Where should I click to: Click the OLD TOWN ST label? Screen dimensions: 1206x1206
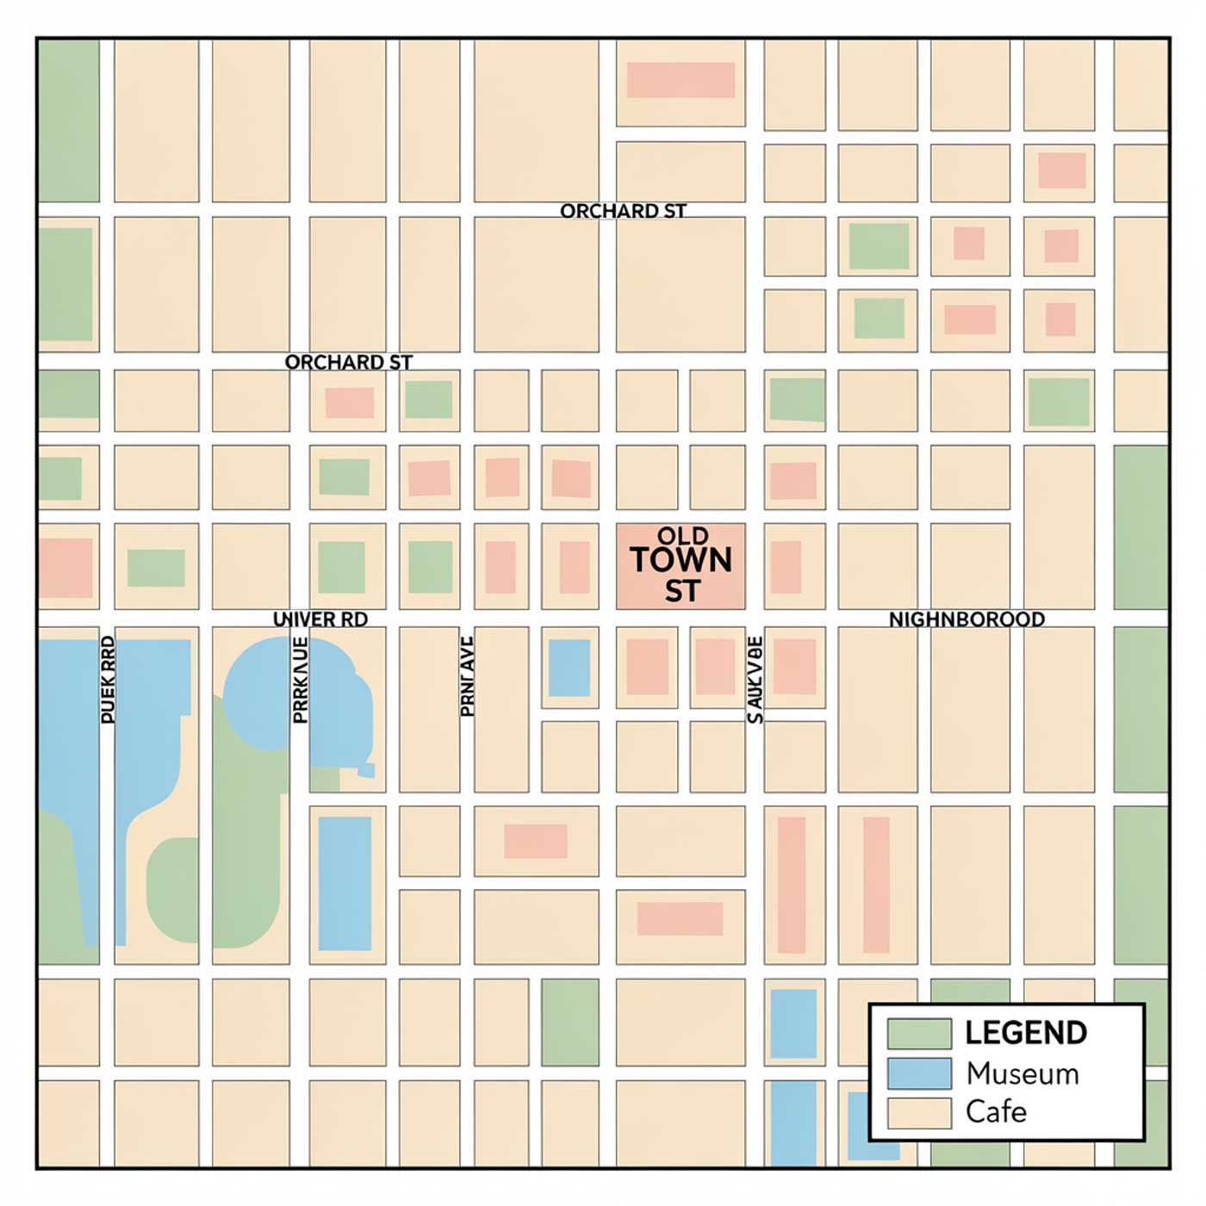(x=681, y=564)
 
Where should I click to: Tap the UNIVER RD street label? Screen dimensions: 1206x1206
(x=320, y=619)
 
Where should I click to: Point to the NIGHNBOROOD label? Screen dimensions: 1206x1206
(x=967, y=619)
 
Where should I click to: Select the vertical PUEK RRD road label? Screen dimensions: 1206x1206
(x=108, y=680)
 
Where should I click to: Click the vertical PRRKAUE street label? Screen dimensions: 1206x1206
(x=300, y=680)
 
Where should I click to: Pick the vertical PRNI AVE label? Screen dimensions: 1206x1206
(x=467, y=676)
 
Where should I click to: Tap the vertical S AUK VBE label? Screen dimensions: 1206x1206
(x=755, y=680)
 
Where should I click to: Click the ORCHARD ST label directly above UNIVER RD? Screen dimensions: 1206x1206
(x=348, y=363)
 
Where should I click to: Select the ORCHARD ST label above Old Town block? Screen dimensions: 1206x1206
(x=623, y=211)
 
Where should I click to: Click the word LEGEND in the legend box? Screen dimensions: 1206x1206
(x=1025, y=1033)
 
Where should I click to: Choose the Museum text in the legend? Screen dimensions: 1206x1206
(x=1022, y=1074)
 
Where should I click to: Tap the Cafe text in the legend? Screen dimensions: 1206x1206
(x=996, y=1112)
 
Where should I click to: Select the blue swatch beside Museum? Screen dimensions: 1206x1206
(x=919, y=1074)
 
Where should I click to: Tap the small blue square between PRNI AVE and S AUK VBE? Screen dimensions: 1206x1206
(x=569, y=668)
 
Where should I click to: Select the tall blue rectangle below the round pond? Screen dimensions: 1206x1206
(x=345, y=883)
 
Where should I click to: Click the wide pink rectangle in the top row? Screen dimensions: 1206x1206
(x=681, y=80)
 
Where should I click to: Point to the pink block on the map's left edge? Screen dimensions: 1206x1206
(x=65, y=568)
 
